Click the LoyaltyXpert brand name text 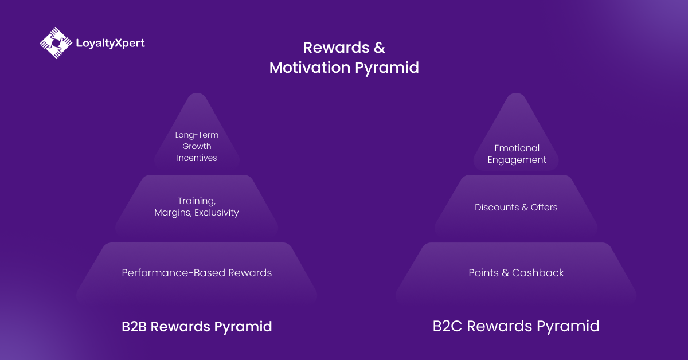[x=110, y=43]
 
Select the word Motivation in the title [x=310, y=68]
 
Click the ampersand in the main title [x=378, y=47]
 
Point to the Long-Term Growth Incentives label [x=197, y=146]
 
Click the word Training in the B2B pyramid [x=197, y=201]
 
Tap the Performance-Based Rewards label [x=197, y=273]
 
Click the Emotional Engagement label [x=517, y=154]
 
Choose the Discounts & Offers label [x=516, y=208]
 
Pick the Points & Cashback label [x=516, y=273]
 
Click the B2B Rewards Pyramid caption [x=197, y=327]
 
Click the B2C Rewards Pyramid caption [x=516, y=327]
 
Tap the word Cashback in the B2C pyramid [x=538, y=273]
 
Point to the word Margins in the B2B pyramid [x=173, y=213]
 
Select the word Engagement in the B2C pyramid [x=517, y=160]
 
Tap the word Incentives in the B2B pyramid [x=197, y=158]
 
